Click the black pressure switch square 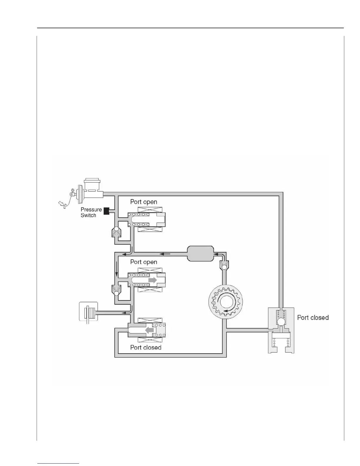106,211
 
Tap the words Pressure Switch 91,212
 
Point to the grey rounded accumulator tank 200,254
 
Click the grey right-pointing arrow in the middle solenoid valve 153,280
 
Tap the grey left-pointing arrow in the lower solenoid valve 150,330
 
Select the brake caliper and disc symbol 88,313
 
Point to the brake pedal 62,204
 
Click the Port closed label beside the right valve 313,318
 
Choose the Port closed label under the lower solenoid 146,347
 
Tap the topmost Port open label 144,202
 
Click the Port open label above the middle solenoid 144,262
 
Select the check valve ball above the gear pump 224,267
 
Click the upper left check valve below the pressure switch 116,232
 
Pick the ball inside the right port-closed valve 281,322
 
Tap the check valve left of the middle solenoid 116,290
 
